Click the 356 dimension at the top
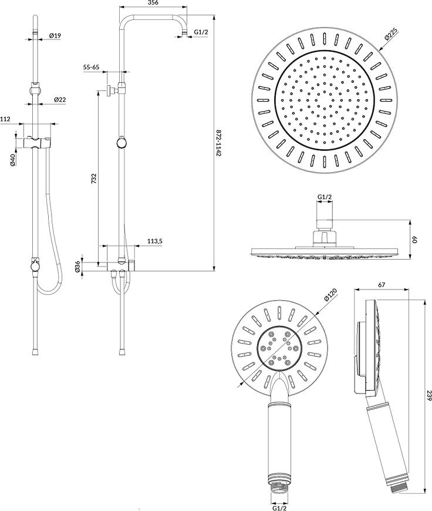tap(153, 2)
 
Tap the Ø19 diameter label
tap(55, 35)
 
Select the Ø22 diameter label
tap(60, 100)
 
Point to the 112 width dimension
tap(5, 119)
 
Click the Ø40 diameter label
tap(13, 160)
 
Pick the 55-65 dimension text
tap(91, 67)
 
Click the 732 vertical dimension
tap(94, 179)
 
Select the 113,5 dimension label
tap(155, 241)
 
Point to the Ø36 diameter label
tap(77, 267)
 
